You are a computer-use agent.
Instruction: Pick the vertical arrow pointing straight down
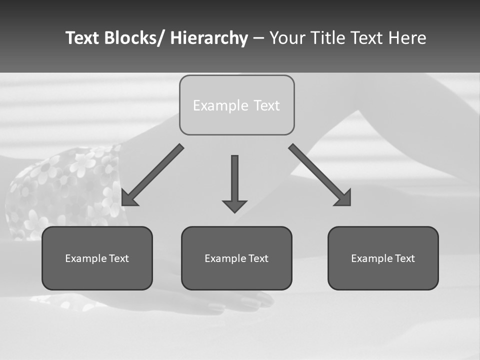click(x=234, y=180)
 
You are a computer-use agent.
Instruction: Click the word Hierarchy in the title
click(x=209, y=38)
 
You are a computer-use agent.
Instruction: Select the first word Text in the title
click(x=82, y=38)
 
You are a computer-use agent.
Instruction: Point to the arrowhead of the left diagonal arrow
click(x=128, y=198)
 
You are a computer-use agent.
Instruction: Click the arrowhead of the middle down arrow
click(x=234, y=205)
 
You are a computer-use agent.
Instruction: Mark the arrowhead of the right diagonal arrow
click(x=344, y=198)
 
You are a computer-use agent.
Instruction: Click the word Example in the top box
click(x=220, y=105)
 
